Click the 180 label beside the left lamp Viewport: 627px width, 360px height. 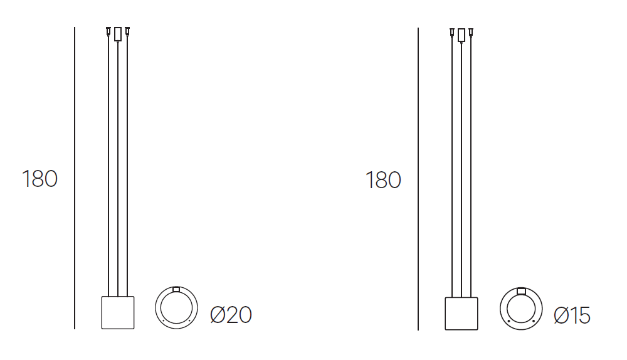pos(40,179)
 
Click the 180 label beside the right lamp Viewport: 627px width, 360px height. pos(383,181)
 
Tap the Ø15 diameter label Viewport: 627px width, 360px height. pos(572,315)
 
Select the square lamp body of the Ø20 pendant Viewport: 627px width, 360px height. pos(118,312)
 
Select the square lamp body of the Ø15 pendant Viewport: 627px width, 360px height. pos(461,313)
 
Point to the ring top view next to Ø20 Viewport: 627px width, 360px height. pos(176,308)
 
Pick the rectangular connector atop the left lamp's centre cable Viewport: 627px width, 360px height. pos(118,34)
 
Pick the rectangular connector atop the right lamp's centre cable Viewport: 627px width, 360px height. pos(461,35)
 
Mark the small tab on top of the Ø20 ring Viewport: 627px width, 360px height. pos(176,289)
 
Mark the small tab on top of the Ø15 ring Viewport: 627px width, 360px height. pos(521,290)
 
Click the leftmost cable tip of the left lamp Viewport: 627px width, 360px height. pos(108,31)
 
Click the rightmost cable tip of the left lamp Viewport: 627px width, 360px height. pos(127,31)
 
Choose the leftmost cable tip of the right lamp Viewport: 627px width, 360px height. pos(452,31)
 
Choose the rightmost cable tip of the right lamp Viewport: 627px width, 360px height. pos(471,31)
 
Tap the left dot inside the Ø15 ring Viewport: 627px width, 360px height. pos(508,321)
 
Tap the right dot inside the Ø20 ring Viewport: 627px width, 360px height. pos(189,320)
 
